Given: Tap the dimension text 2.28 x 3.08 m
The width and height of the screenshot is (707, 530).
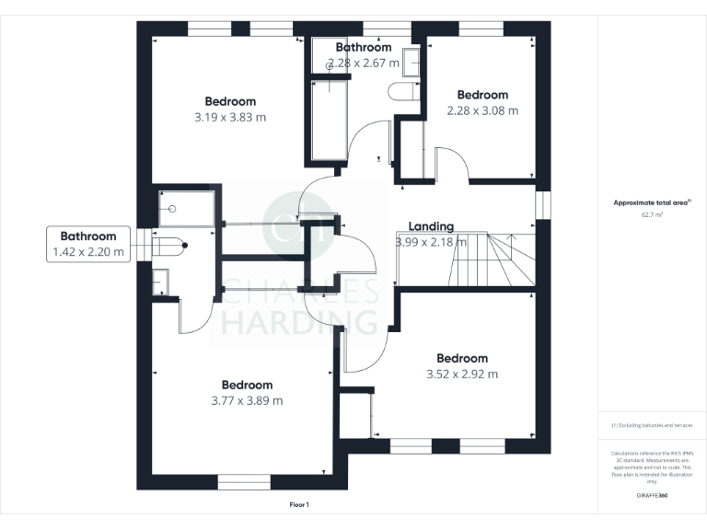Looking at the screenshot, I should click(482, 110).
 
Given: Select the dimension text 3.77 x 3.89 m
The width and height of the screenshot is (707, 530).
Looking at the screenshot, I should click(247, 400).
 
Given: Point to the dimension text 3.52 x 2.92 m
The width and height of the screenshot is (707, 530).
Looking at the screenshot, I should click(462, 374).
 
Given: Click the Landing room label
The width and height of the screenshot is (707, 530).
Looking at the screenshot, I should click(431, 226).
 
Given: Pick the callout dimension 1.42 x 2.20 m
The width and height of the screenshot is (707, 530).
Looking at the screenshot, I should click(88, 251).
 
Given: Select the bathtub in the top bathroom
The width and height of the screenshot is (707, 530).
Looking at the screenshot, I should click(329, 120).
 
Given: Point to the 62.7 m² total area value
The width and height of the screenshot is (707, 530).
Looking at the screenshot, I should click(652, 213).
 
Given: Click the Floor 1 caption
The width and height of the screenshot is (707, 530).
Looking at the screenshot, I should click(300, 505).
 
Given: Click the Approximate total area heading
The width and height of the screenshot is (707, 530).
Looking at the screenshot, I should click(652, 202).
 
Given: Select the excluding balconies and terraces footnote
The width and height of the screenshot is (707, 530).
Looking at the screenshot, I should click(652, 425).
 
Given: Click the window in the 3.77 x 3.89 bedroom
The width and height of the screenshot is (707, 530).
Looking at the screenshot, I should click(244, 481).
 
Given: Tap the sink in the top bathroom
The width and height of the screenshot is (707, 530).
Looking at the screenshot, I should click(411, 60).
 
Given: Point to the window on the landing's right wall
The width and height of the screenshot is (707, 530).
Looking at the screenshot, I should click(544, 205).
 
